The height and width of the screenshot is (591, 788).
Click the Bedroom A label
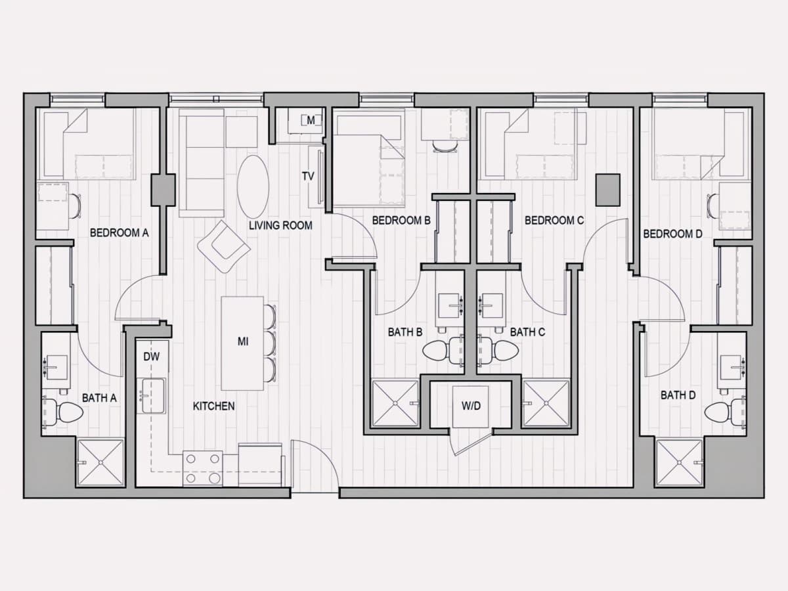coord(120,233)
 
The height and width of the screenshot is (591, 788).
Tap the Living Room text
coord(280,225)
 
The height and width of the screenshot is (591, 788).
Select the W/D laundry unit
coord(471,406)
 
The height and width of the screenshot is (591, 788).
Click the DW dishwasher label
coord(151,357)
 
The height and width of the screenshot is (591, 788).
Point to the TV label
coord(308,176)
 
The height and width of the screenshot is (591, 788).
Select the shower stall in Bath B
coord(395,403)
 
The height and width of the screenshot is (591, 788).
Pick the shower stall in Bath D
coord(679,463)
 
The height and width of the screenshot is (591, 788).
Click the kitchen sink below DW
coord(153,395)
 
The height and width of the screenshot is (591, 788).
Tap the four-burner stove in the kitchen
coord(203,469)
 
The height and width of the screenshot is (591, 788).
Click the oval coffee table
coord(253,186)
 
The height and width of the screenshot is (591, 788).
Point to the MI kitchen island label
coord(243,341)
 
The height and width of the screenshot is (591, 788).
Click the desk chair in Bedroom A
coord(75,206)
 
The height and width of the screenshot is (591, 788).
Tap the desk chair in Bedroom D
coord(713,206)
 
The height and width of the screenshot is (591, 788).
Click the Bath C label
coord(527,332)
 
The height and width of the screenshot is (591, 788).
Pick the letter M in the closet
coord(311,121)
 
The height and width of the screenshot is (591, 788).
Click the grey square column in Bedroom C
coord(608,190)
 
